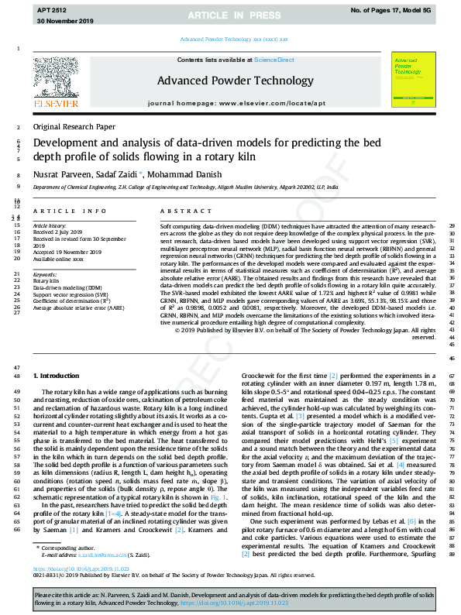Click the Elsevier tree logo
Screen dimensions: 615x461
click(x=57, y=84)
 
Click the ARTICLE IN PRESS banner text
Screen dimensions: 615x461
click(x=230, y=15)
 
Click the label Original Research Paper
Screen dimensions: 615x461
click(x=73, y=126)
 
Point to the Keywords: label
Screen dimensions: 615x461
click(x=45, y=275)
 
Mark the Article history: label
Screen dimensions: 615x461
click(x=50, y=225)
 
